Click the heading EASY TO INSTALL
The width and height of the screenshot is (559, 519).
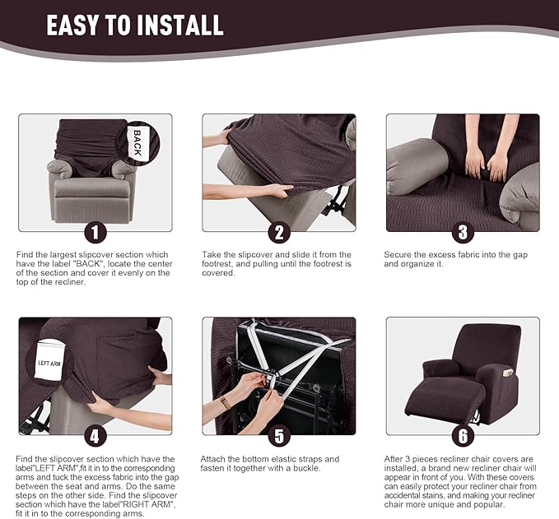click(134, 25)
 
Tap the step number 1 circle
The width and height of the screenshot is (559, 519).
click(95, 233)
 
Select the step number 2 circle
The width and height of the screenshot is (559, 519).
click(279, 233)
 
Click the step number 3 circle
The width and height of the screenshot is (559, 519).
click(463, 233)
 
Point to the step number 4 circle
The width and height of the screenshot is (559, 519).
click(95, 436)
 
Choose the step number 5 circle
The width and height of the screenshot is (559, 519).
click(279, 436)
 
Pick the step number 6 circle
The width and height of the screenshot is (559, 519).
click(463, 436)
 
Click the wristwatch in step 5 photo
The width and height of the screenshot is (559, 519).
click(226, 402)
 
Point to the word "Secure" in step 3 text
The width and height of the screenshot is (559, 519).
click(398, 255)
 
